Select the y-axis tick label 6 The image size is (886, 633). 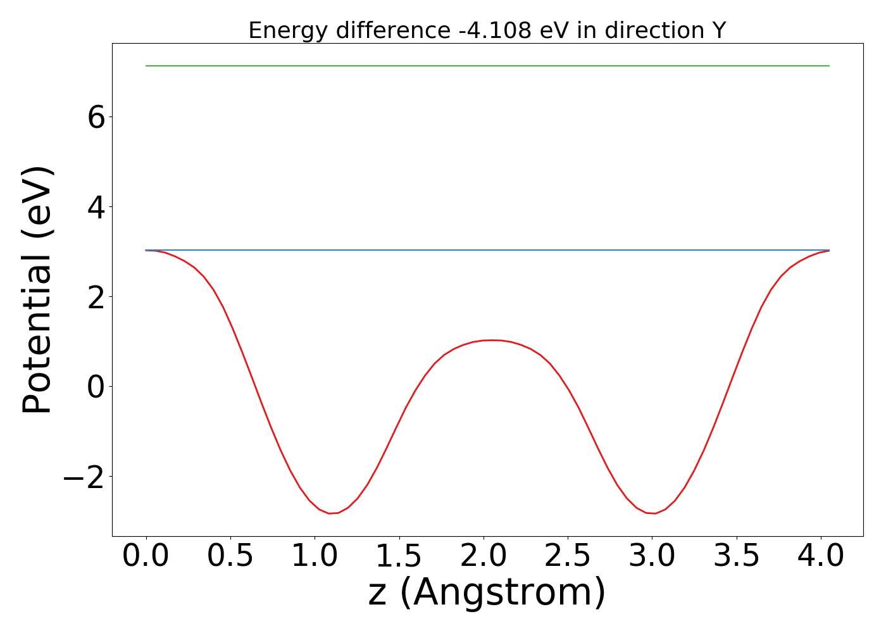click(96, 117)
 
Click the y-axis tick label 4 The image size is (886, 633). click(96, 207)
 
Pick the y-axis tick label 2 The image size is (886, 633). click(96, 297)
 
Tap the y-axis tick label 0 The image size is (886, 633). click(96, 387)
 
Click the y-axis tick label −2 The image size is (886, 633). click(84, 477)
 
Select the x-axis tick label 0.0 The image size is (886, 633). click(146, 556)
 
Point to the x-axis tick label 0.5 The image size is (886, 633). click(230, 556)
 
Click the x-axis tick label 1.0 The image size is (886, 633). click(315, 556)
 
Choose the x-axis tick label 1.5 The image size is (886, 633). click(399, 556)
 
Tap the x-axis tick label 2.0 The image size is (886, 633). click(484, 556)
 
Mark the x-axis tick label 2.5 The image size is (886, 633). click(568, 556)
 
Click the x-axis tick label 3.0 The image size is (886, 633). click(652, 556)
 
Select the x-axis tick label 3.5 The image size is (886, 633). click(737, 556)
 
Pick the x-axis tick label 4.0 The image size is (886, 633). click(821, 556)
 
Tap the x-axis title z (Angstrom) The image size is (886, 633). click(487, 593)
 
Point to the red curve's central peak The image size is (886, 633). click(492, 340)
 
